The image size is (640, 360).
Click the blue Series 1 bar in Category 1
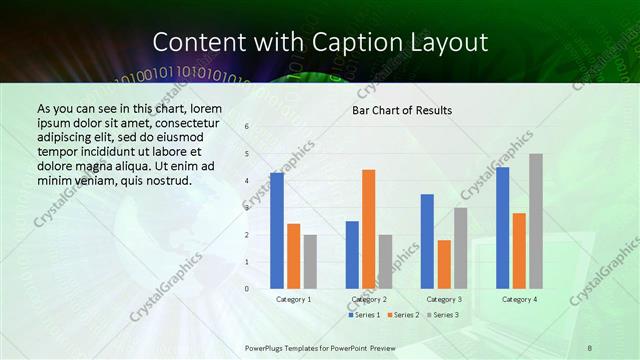click(x=277, y=231)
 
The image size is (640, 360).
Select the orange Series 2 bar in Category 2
click(x=368, y=229)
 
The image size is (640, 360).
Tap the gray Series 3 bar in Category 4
click(x=536, y=221)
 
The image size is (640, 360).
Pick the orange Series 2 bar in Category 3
click(x=444, y=264)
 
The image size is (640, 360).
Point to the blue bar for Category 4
click(x=502, y=228)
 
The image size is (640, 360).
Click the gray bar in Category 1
click(x=310, y=262)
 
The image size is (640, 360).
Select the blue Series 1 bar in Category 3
click(x=427, y=241)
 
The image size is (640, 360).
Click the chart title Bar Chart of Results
click(x=402, y=110)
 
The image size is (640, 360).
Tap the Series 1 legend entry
click(x=364, y=315)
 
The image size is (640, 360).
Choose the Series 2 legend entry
click(x=402, y=315)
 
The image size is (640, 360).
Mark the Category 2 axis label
click(x=369, y=299)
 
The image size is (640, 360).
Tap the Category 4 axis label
click(x=519, y=299)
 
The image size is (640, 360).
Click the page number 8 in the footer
click(x=590, y=347)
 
